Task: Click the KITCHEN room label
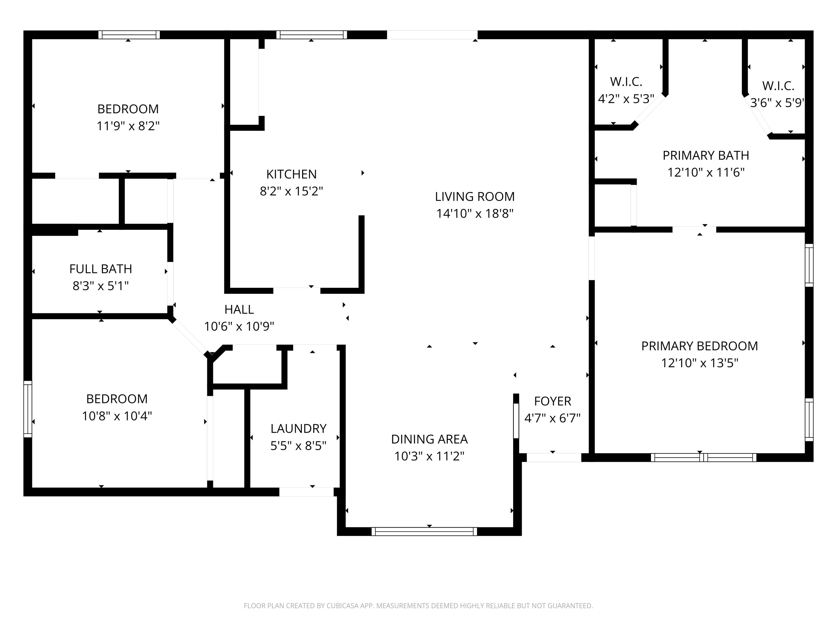pyautogui.click(x=291, y=174)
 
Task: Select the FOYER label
pyautogui.click(x=552, y=401)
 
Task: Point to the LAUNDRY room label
pyautogui.click(x=298, y=429)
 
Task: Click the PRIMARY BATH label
pyautogui.click(x=706, y=155)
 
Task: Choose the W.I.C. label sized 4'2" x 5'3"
pyautogui.click(x=626, y=82)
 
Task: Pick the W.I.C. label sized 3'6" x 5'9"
pyautogui.click(x=778, y=86)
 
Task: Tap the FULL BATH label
pyautogui.click(x=101, y=269)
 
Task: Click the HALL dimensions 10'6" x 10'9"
pyautogui.click(x=239, y=326)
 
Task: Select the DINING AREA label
pyautogui.click(x=429, y=439)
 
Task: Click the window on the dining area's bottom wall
pyautogui.click(x=424, y=531)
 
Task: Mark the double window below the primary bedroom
pyautogui.click(x=703, y=458)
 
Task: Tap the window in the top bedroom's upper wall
pyautogui.click(x=129, y=35)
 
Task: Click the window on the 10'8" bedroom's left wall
pyautogui.click(x=28, y=409)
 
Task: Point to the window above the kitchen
pyautogui.click(x=311, y=35)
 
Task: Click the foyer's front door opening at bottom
pyautogui.click(x=554, y=457)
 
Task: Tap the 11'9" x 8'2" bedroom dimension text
pyautogui.click(x=128, y=126)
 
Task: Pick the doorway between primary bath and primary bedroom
pyautogui.click(x=694, y=229)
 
